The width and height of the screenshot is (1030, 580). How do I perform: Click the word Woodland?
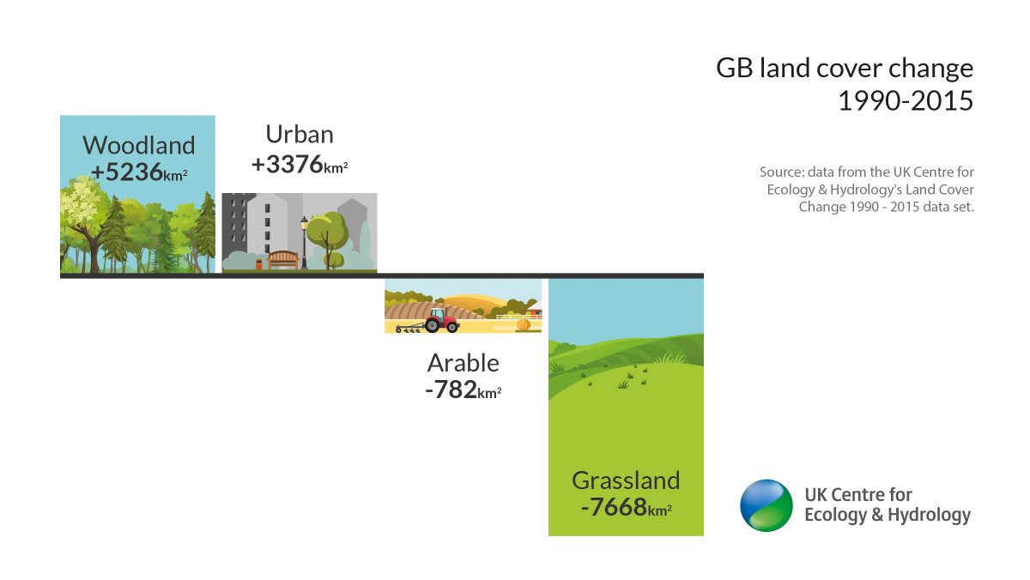138,145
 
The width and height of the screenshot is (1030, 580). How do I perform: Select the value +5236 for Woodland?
127,172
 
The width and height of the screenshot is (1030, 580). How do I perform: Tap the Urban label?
299,134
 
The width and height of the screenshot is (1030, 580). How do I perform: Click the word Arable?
463,362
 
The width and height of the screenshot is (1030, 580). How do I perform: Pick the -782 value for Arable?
451,390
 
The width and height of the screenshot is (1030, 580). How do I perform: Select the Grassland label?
626,480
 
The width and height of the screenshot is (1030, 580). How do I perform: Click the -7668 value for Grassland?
613,507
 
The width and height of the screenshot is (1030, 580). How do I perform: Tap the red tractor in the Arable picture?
441,320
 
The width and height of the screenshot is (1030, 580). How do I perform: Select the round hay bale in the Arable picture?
522,325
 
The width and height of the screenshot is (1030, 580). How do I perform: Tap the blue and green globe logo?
766,505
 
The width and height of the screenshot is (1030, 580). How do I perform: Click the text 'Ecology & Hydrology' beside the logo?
887,516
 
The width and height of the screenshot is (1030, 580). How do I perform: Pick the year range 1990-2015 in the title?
905,101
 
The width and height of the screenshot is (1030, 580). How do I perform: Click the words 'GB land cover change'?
845,69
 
